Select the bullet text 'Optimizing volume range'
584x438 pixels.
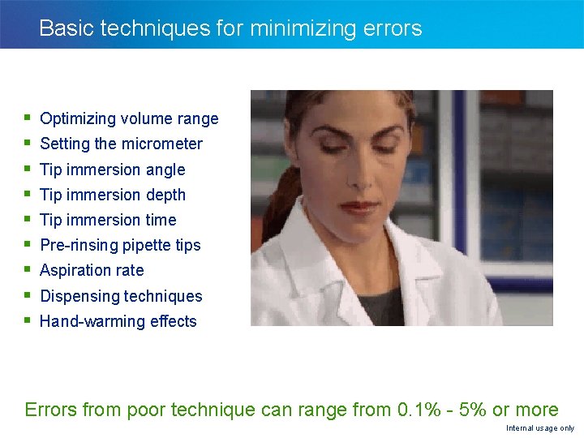pos(129,118)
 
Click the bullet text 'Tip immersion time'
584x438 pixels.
pos(108,220)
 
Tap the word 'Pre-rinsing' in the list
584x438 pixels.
pos(77,245)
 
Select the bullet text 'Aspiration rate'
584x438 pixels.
pos(92,270)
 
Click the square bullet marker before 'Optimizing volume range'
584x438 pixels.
pos(28,118)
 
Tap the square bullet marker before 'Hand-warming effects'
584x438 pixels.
pos(28,321)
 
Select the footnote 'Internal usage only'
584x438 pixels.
pos(539,428)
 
